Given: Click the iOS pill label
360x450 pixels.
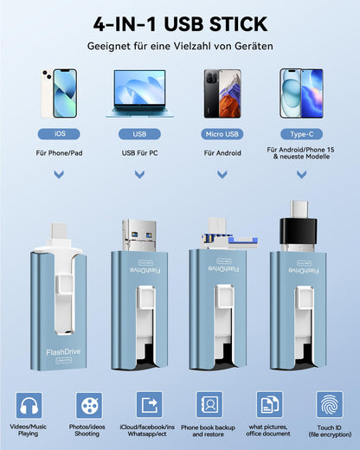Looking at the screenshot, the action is [59, 134].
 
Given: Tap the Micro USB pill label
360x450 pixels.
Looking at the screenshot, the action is [222, 134].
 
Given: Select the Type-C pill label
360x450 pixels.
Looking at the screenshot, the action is [302, 134].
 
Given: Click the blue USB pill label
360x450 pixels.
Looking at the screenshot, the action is [139, 134].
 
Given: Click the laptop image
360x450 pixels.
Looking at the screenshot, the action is [139, 93].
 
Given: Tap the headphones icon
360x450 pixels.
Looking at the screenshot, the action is [29, 405].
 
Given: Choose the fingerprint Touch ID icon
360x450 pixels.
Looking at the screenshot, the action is [330, 405].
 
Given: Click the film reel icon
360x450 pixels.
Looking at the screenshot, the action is [89, 405].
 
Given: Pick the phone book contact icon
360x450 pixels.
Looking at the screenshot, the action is [209, 405].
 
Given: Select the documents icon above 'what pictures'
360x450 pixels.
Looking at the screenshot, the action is [269, 405].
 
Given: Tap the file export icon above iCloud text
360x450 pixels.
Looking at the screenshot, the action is [149, 405].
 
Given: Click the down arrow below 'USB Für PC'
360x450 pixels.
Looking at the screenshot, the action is [139, 174].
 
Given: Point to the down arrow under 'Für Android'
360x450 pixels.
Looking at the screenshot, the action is [222, 174].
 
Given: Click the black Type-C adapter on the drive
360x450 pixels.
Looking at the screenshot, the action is [299, 232].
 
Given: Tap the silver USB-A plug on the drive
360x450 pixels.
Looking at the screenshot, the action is [139, 235].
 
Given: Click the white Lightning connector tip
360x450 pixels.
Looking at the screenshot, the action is [60, 231].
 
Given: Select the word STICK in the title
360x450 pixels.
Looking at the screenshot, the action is [238, 24].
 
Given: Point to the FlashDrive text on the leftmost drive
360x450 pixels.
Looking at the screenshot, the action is [63, 352].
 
